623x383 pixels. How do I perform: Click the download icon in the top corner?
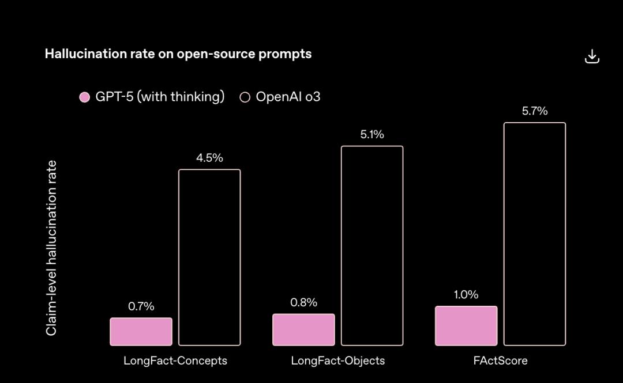tap(592, 56)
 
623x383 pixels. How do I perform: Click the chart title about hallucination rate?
tap(178, 54)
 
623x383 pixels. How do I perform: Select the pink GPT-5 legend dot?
tap(85, 97)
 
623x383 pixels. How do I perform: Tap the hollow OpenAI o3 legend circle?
tap(245, 97)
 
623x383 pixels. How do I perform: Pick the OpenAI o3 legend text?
tap(288, 97)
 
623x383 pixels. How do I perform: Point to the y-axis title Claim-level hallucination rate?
tap(52, 248)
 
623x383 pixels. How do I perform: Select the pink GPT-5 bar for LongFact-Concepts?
tap(141, 332)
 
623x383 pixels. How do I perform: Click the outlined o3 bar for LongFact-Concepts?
tap(209, 257)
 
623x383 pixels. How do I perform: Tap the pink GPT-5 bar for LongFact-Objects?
tap(303, 329)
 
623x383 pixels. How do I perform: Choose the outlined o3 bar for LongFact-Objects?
tap(372, 246)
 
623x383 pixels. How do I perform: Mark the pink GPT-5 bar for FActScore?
tap(466, 326)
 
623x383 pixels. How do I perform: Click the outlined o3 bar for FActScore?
tap(535, 234)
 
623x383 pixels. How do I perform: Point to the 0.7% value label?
tap(141, 306)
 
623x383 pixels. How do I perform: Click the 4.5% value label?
tap(209, 158)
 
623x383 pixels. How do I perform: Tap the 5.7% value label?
tap(535, 111)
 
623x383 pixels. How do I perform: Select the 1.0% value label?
tap(466, 295)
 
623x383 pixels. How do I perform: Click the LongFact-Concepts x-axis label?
tap(175, 361)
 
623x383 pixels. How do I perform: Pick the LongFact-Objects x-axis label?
tap(338, 361)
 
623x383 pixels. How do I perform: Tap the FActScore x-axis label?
tap(501, 361)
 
